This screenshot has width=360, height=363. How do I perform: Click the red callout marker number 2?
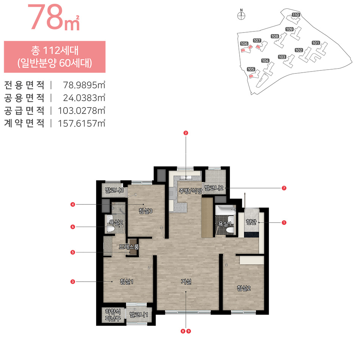185,133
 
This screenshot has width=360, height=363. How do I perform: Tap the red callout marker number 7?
284,188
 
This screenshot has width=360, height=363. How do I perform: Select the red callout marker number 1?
284,223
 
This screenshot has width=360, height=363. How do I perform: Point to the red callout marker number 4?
73,204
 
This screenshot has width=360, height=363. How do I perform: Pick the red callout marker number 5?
73,252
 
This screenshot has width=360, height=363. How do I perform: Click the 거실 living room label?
186,282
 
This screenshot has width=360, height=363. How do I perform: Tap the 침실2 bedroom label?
243,288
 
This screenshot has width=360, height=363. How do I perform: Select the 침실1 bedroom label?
126,282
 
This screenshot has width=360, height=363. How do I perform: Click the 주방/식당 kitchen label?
190,191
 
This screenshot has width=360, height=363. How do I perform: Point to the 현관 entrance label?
251,222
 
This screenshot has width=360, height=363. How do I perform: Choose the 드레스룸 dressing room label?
129,246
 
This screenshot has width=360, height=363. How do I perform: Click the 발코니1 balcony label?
139,315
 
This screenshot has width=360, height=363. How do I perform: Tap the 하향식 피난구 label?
113,315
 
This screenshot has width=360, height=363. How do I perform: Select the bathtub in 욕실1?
225,210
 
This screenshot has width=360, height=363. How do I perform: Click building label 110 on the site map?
296,15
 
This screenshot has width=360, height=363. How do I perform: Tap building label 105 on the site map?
251,69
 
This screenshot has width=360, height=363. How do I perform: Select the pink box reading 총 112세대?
55,57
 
